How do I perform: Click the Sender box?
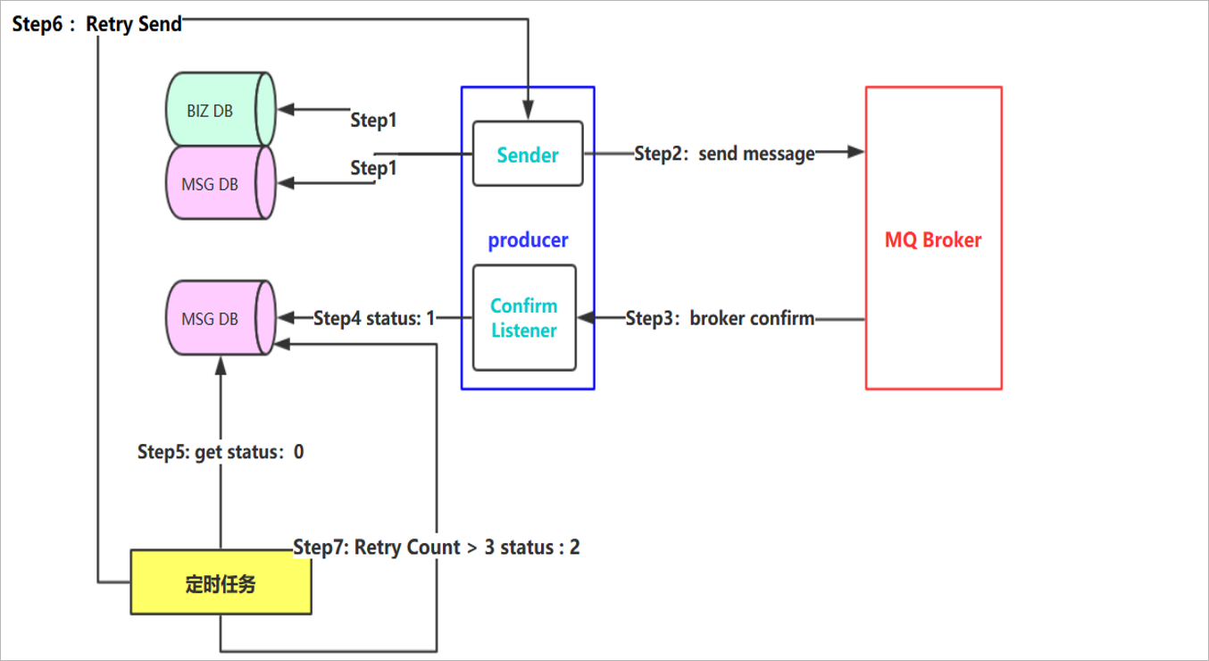click(527, 154)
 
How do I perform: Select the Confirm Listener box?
click(524, 318)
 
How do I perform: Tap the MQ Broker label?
click(933, 240)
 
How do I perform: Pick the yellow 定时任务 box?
click(221, 582)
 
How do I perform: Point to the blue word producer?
click(528, 240)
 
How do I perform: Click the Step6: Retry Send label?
click(96, 25)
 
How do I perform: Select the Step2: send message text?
click(724, 154)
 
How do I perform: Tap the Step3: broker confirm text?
click(720, 318)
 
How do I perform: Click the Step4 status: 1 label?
click(373, 318)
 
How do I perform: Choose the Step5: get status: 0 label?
click(220, 452)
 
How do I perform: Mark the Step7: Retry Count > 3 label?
click(436, 547)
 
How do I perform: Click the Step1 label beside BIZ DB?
click(373, 119)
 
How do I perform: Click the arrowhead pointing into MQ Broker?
click(857, 153)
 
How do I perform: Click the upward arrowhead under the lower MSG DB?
click(220, 366)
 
